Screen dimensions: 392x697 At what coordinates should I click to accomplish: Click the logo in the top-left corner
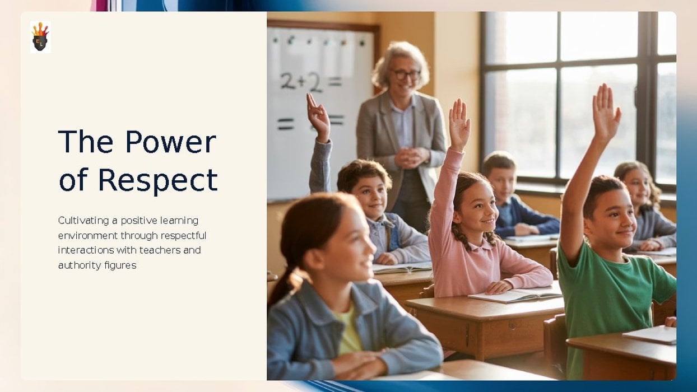(x=40, y=37)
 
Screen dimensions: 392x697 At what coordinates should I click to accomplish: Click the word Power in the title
(x=170, y=142)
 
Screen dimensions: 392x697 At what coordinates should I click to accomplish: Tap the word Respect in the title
(x=157, y=181)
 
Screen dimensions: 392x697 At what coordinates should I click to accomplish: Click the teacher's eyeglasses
(x=405, y=73)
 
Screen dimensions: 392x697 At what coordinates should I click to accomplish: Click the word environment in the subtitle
(x=88, y=236)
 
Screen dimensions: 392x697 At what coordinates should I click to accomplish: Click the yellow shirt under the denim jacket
(x=350, y=332)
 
